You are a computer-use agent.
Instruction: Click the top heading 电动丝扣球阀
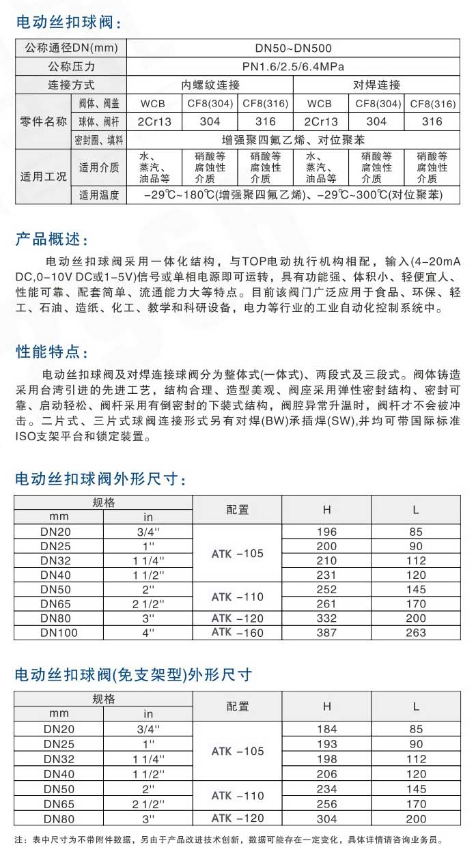(69, 23)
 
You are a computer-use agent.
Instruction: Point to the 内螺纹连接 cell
(210, 85)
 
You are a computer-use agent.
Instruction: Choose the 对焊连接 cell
(376, 85)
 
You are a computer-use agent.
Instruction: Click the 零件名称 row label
(43, 122)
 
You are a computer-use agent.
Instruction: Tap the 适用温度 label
(99, 195)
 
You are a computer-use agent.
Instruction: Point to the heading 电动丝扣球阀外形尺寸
(100, 479)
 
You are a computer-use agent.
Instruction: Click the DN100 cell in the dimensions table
(59, 633)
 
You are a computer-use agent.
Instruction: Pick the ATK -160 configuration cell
(237, 633)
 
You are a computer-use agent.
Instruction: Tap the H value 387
(326, 633)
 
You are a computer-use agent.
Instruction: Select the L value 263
(416, 633)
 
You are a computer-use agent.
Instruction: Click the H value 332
(326, 618)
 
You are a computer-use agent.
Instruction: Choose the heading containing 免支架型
(134, 675)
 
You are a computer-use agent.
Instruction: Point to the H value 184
(327, 729)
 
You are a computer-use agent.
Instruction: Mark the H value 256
(327, 804)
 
